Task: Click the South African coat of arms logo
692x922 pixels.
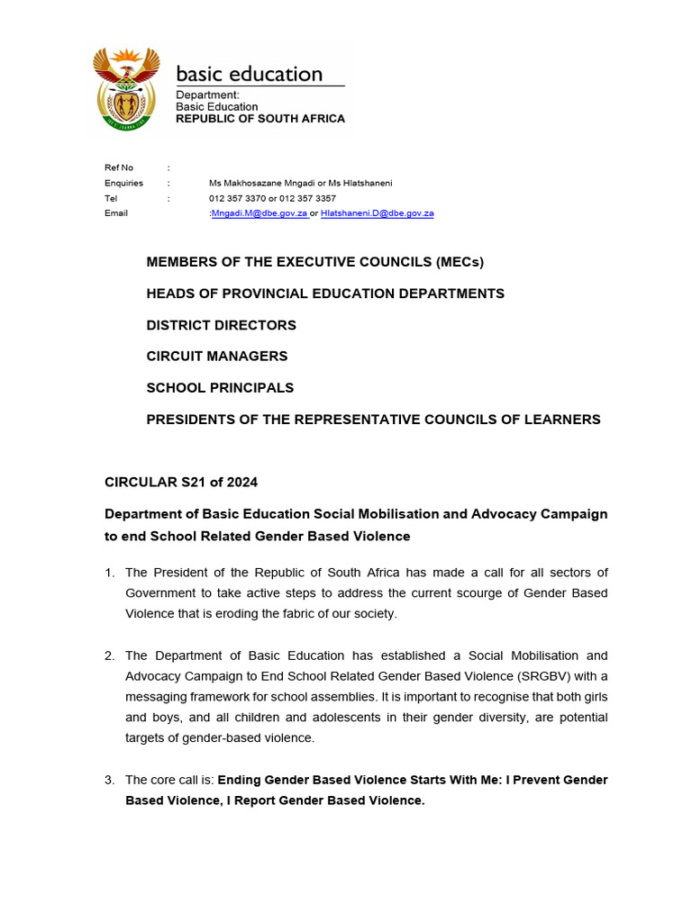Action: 127,87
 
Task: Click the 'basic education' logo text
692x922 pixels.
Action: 249,74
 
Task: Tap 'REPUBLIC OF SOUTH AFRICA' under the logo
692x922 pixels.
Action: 259,119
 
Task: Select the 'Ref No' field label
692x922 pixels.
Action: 119,167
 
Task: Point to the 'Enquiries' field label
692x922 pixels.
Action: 123,183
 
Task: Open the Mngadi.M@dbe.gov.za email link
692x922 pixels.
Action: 259,213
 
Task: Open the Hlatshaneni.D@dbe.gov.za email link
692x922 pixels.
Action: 377,213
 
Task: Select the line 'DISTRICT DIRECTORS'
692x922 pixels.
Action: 221,325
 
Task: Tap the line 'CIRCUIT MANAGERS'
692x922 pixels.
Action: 217,357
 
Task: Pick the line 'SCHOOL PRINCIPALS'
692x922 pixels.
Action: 220,388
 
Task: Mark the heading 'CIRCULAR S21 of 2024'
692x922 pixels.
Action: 181,482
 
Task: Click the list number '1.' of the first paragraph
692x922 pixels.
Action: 110,573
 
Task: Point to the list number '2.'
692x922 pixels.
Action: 110,655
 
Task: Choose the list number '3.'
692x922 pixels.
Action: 110,780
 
